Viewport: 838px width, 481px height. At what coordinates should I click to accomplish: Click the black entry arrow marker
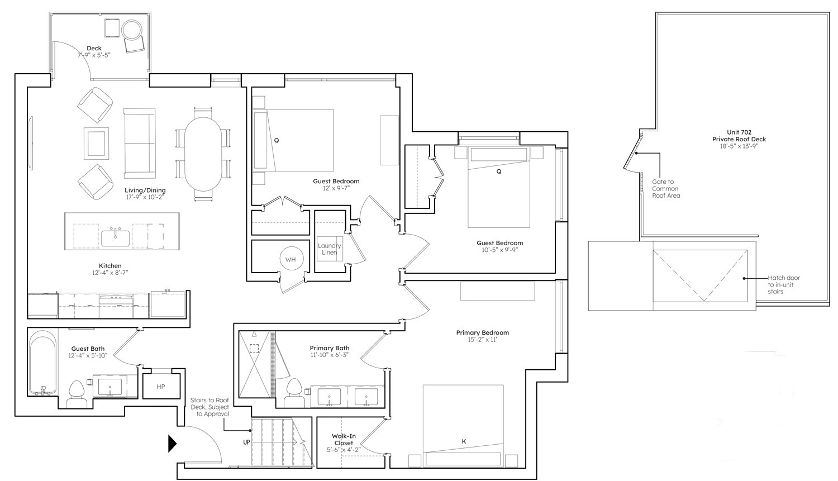coord(172,443)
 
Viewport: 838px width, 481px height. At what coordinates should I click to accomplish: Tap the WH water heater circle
coord(291,259)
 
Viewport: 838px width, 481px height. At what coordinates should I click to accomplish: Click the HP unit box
coord(161,387)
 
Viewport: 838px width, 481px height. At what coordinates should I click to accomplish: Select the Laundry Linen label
coord(329,249)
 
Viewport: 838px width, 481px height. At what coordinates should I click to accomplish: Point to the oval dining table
coord(203,155)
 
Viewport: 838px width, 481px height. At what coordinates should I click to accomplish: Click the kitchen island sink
coord(116,238)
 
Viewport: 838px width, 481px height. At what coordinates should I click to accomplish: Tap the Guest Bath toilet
coord(77,394)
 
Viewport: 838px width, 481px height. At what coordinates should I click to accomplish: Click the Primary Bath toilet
coord(294,393)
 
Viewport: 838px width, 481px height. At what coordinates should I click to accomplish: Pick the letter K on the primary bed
coord(464,441)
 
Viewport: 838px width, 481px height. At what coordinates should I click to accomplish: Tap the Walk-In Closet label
coord(344,440)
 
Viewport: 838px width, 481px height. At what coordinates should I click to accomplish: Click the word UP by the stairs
coord(246,442)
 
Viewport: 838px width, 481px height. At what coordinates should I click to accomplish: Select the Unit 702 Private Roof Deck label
coord(739,135)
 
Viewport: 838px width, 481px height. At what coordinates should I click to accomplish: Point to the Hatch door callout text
coord(784,285)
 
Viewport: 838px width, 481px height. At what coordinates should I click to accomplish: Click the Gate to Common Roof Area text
coord(666,188)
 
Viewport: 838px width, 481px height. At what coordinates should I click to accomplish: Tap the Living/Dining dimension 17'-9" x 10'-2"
coord(145,197)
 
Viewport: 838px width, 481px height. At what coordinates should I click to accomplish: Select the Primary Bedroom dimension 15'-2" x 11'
coord(483,340)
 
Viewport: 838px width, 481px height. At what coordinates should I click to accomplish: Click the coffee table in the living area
coord(96,143)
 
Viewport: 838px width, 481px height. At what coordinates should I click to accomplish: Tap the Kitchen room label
coord(110,266)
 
